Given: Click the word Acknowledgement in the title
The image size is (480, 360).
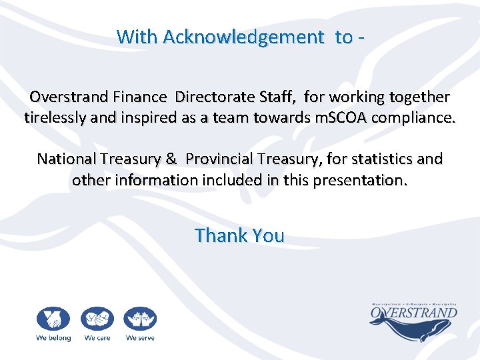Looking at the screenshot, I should coord(243,37).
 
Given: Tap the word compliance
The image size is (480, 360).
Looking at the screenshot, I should coord(415,119).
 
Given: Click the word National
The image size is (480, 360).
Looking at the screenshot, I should coord(67,159).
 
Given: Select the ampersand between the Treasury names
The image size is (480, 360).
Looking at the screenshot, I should coord(171,159).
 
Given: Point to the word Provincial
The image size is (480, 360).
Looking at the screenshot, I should coord(219,159).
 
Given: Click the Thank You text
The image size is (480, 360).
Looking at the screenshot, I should coord(239,235).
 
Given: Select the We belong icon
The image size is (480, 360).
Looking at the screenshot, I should coord(53,319).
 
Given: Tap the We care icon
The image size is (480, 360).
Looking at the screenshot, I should coord(97,319).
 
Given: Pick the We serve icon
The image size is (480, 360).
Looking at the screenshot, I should coord(140,319).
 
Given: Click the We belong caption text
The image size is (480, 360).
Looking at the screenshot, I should coord(53,338).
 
